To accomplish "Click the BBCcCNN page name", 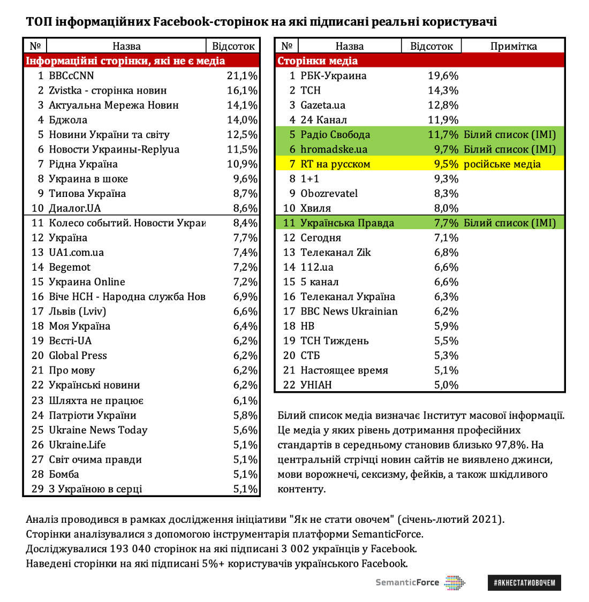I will (x=71, y=76).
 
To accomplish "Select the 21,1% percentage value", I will (x=242, y=76).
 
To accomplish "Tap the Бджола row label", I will (x=68, y=120).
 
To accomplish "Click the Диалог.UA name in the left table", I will (x=74, y=208).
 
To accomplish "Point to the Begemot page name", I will (x=70, y=267).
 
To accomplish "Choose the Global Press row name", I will (x=78, y=355).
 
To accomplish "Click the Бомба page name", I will (x=64, y=474).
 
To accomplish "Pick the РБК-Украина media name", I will (x=333, y=76).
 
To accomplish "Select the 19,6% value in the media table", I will (x=443, y=76).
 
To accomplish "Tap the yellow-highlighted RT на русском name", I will (x=335, y=164).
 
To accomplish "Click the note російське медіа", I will (x=502, y=164).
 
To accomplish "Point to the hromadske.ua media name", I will (x=334, y=149).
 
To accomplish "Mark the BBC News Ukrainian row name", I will (x=349, y=311).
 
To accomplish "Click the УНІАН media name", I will (x=316, y=385).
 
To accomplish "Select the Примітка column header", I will (x=513, y=47).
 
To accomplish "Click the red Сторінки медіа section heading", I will (x=318, y=61).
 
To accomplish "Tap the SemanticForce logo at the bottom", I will (x=420, y=582).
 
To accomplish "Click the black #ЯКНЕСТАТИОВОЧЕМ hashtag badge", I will (x=524, y=582).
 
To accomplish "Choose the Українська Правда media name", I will (x=347, y=223).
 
